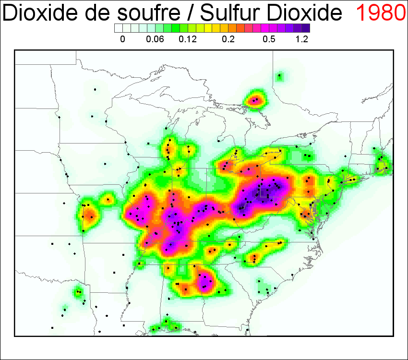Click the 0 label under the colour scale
pyautogui.click(x=122, y=40)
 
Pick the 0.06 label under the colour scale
pyautogui.click(x=155, y=40)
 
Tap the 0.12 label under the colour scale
pyautogui.click(x=188, y=40)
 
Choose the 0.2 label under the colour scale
pyautogui.click(x=228, y=40)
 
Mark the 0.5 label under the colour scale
pyautogui.click(x=269, y=40)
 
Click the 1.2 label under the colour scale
pyautogui.click(x=302, y=40)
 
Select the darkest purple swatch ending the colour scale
pyautogui.click(x=306, y=28)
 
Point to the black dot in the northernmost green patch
pyautogui.click(x=279, y=76)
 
